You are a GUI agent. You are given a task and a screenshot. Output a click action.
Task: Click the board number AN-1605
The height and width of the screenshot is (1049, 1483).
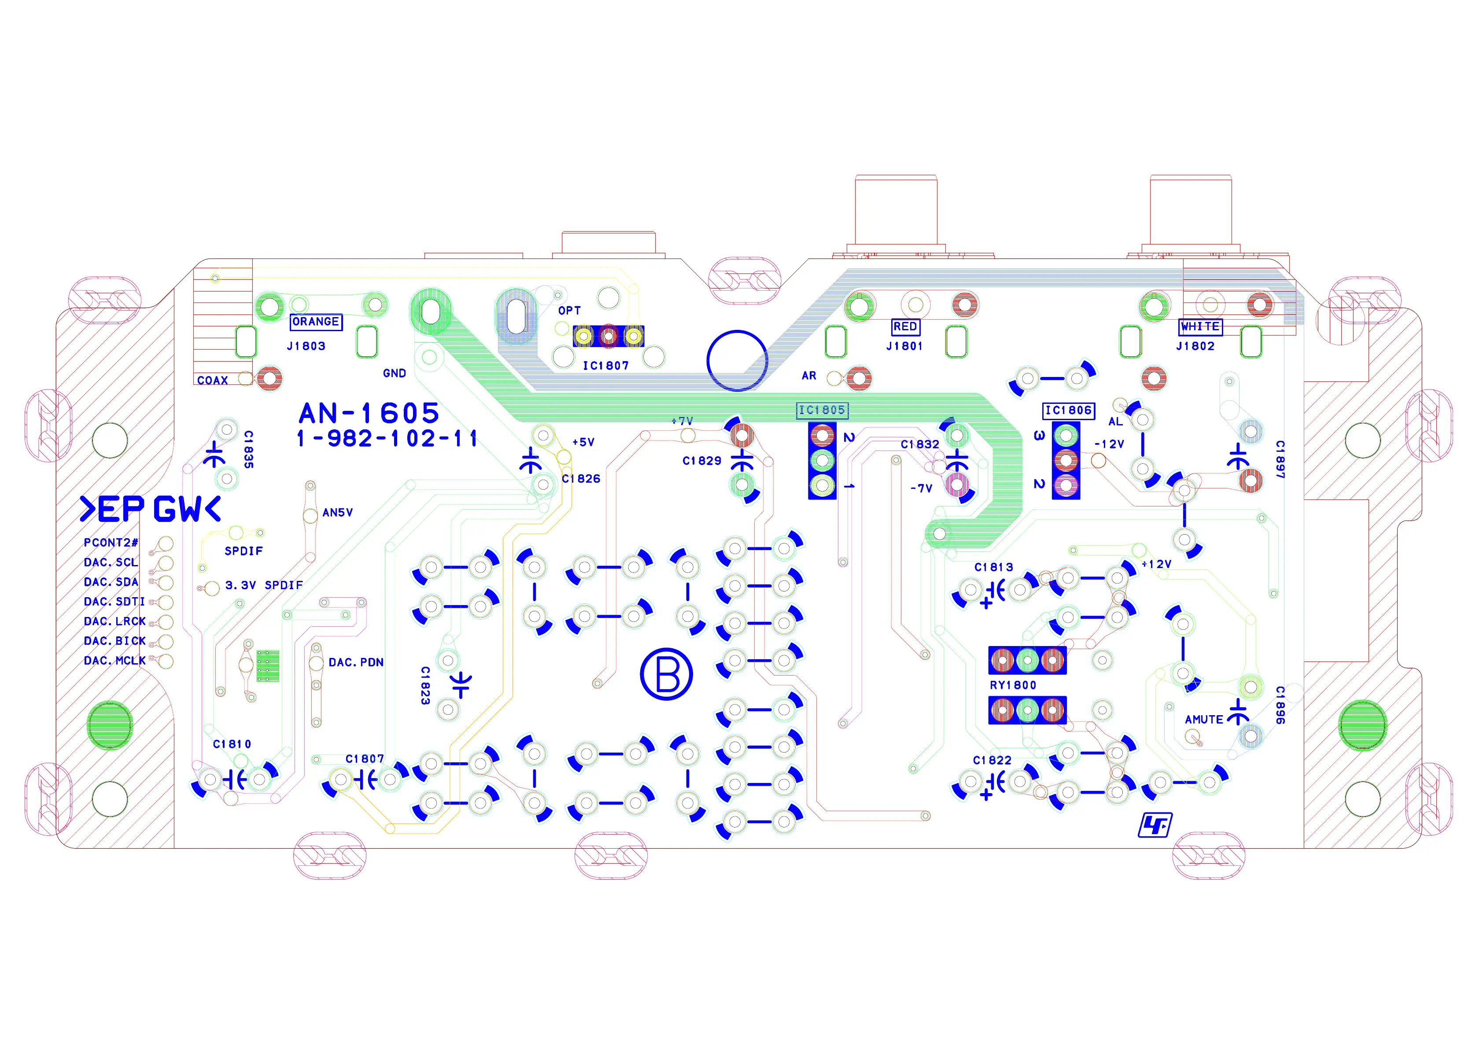(369, 414)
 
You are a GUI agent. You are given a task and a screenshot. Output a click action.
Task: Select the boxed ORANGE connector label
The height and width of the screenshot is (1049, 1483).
(316, 321)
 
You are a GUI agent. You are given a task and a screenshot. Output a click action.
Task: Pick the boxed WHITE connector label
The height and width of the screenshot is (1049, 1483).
(1200, 327)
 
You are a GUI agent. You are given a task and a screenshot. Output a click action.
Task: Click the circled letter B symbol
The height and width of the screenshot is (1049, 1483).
(666, 674)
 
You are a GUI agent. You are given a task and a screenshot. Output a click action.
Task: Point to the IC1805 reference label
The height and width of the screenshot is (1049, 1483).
(822, 410)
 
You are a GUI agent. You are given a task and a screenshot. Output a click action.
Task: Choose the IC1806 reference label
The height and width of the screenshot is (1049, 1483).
(1069, 410)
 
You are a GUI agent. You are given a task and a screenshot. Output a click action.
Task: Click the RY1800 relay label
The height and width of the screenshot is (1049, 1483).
(1013, 685)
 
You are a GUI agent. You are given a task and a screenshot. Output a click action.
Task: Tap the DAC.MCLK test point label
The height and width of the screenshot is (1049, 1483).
(114, 661)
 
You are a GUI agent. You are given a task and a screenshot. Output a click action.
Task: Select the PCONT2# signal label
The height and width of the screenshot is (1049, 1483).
(111, 543)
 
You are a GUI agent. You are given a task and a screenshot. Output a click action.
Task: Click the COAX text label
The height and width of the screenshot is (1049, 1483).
(213, 380)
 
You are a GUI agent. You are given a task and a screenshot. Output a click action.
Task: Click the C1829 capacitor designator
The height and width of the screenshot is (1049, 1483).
(701, 461)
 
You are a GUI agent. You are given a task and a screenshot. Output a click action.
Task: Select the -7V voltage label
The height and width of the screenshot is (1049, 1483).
(921, 489)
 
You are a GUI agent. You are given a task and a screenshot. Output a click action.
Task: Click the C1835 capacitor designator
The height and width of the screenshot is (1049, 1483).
(249, 450)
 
